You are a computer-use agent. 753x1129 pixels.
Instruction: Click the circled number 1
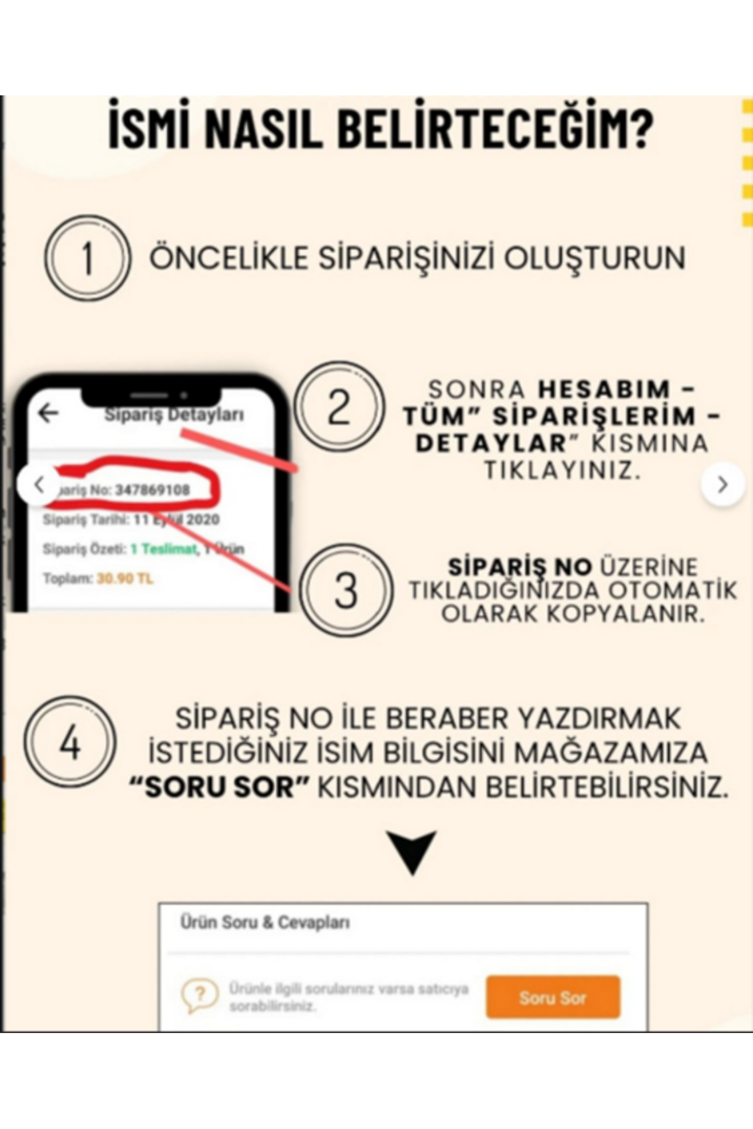tap(87, 258)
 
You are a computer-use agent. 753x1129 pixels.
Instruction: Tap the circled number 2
tap(339, 406)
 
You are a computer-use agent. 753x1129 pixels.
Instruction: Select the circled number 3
tap(345, 590)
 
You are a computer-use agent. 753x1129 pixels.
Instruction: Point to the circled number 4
tap(70, 743)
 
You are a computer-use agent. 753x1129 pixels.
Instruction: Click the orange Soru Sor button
tap(552, 997)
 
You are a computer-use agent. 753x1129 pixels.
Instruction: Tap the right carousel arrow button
tap(722, 484)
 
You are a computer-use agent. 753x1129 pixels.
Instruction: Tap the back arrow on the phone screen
tap(48, 413)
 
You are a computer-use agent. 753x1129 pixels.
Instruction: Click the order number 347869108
tap(152, 490)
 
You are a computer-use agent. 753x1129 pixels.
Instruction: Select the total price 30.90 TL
tap(125, 578)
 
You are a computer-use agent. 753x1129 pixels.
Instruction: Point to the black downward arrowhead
tap(412, 852)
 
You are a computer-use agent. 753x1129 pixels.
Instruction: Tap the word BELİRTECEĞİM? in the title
tap(496, 129)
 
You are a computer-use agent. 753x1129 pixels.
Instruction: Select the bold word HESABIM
tap(604, 390)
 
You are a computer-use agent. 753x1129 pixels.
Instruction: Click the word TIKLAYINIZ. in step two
tap(562, 470)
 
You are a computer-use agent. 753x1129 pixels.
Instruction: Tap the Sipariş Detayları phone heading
tap(174, 415)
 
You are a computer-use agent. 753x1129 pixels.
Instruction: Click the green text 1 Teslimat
tap(164, 549)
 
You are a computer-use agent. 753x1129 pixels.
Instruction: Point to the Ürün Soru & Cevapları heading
tap(265, 923)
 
